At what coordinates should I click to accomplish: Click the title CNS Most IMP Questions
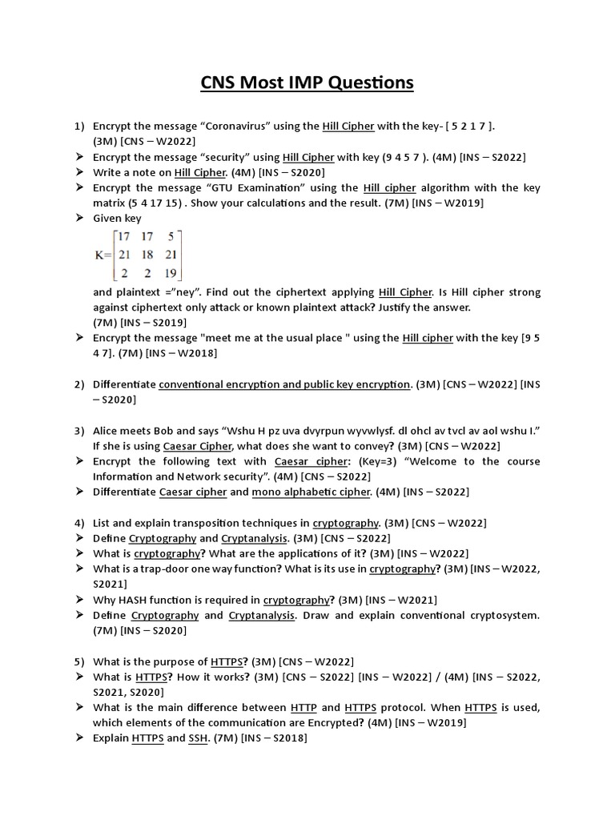307,82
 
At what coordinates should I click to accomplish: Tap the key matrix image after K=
139,255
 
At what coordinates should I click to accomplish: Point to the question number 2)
78,384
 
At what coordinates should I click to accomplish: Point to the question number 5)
78,661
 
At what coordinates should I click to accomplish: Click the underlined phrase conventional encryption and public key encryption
284,384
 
